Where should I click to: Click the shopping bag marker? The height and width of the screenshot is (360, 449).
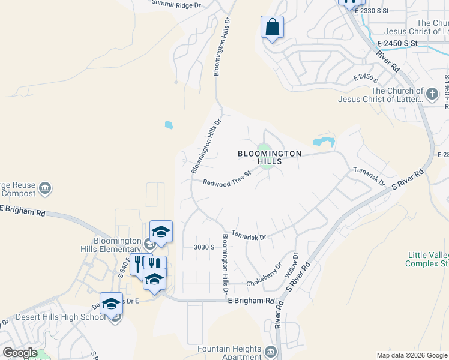coord(272,28)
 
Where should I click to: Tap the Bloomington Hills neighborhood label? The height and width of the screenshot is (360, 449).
coord(270,157)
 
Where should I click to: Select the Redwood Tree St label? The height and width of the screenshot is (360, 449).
coord(226,179)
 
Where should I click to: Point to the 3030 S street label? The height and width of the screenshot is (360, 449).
coord(204,247)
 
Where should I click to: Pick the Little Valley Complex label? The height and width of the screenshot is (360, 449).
coord(427,259)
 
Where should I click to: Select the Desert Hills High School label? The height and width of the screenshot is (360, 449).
coord(52,317)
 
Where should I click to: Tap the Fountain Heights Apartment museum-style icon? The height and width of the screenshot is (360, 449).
coord(270,351)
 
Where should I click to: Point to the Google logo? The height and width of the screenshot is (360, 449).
coord(19,353)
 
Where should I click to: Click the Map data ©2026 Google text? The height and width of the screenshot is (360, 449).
coord(412,355)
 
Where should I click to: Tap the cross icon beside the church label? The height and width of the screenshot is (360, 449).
coord(432,94)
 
